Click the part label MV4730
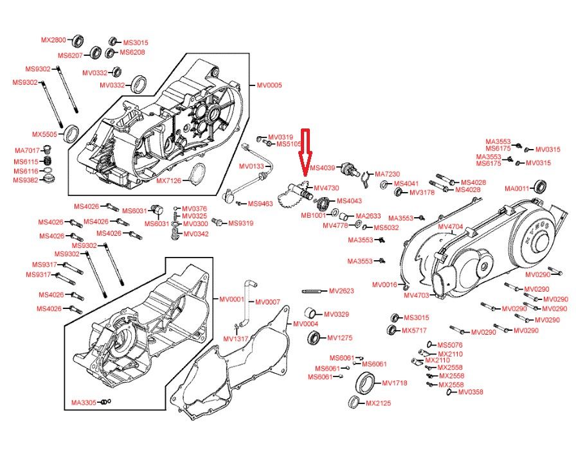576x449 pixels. pos(326,188)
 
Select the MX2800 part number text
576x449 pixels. pos(53,40)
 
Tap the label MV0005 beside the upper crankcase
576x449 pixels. pos(269,85)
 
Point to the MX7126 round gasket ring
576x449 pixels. pos(199,172)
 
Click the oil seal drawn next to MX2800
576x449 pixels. pos(78,40)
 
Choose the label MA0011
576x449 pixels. pos(517,189)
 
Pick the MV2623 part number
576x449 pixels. pos(341,291)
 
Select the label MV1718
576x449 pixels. pos(395,383)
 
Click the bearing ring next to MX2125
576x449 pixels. pos(354,402)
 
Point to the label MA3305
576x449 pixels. pos(84,403)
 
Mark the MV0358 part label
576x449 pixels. pos(471,392)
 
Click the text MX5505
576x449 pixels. pos(45,134)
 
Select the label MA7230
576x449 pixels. pos(387,174)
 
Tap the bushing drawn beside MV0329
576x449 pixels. pos(310,314)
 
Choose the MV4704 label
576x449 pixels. pos(450,227)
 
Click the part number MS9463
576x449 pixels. pos(260,204)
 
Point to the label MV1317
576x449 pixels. pos(236,339)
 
